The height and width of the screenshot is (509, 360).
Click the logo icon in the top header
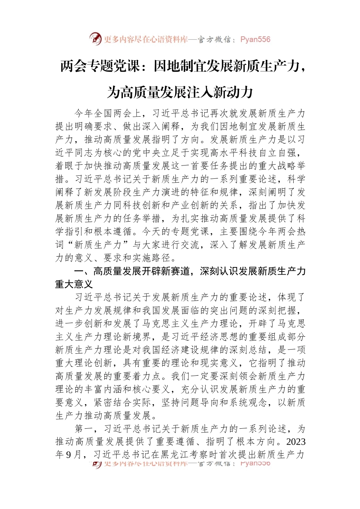click(x=95, y=39)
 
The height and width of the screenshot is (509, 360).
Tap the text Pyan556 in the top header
click(x=255, y=39)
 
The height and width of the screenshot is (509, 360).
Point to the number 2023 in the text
click(x=296, y=442)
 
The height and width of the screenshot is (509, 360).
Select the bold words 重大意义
click(x=74, y=284)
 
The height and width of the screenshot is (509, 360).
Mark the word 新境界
click(x=136, y=337)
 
